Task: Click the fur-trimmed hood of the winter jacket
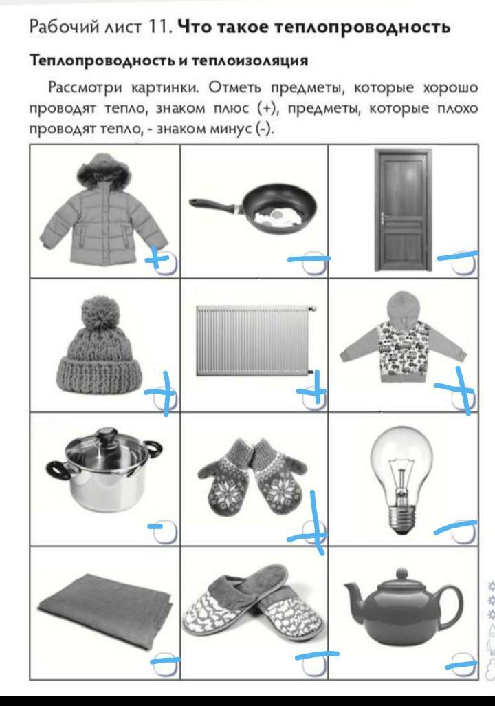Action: (x=104, y=171)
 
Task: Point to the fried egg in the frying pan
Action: (x=276, y=217)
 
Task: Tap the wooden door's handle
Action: (x=383, y=220)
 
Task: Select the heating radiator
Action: (x=254, y=340)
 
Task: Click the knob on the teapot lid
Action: (x=401, y=574)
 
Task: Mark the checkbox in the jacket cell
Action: (x=166, y=264)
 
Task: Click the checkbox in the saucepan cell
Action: (x=166, y=532)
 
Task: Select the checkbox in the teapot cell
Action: (x=463, y=665)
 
